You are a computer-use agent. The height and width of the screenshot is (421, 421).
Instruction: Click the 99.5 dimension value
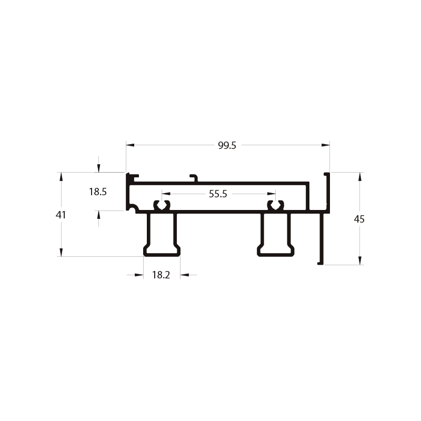coord(227,146)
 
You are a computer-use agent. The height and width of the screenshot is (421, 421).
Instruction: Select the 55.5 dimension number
coord(218,194)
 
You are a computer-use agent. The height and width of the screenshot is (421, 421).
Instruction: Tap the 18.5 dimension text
coord(98,192)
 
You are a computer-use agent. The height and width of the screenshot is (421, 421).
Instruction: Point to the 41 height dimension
coord(61,215)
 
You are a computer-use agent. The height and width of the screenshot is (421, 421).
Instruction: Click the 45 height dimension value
coord(359,219)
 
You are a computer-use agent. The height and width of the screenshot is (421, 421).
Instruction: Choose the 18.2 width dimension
coord(161,275)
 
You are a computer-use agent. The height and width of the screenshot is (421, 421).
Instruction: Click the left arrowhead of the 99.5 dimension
coord(130,145)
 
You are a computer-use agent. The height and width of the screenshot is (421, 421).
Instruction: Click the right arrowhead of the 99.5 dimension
coord(326,145)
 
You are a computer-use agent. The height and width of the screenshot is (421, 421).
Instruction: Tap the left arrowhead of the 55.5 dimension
coord(166,194)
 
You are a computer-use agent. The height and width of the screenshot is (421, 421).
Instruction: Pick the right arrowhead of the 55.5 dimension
coord(272,194)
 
